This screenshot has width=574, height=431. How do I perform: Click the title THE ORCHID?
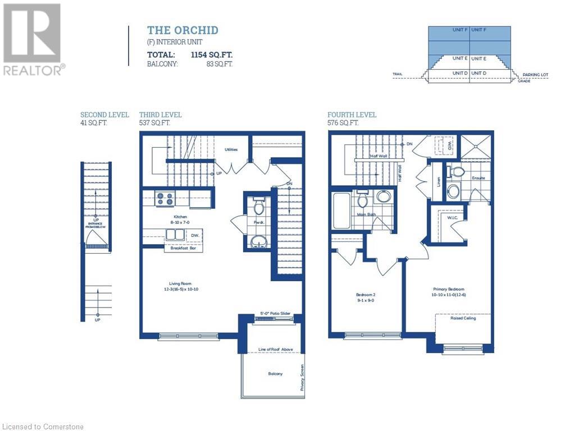(183, 30)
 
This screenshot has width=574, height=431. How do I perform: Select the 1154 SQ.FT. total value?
(212, 55)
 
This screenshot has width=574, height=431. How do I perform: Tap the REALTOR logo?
(32, 39)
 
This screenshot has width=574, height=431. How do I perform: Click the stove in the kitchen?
(165, 199)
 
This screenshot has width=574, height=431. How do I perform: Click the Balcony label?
(275, 374)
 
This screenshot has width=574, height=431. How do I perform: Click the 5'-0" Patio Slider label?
(275, 314)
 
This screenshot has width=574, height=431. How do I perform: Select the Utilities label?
(231, 150)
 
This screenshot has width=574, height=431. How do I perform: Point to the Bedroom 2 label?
(366, 297)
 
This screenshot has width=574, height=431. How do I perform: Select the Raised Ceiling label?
(463, 318)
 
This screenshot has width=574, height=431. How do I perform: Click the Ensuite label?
(478, 178)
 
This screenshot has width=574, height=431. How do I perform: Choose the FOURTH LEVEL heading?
(352, 115)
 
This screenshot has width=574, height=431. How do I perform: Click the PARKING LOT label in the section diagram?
(534, 75)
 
